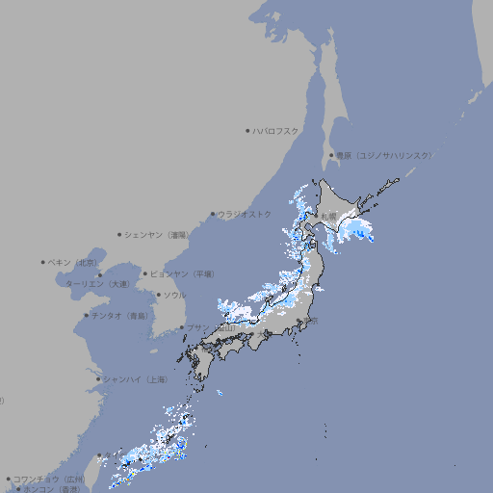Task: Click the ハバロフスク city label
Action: pyautogui.click(x=276, y=130)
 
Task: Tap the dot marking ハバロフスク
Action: pyautogui.click(x=247, y=130)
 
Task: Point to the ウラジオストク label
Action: pyautogui.click(x=245, y=214)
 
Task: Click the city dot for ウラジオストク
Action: pyautogui.click(x=213, y=215)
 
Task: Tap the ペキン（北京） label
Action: pyautogui.click(x=73, y=262)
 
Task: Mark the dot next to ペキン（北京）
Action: pyautogui.click(x=43, y=262)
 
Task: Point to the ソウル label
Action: pyautogui.click(x=174, y=295)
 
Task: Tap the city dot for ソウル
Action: pyautogui.click(x=158, y=295)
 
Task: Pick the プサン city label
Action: pyautogui.click(x=197, y=328)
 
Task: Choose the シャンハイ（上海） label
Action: pyautogui.click(x=135, y=379)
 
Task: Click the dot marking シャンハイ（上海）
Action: pyautogui.click(x=98, y=379)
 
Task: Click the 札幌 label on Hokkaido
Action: pyautogui.click(x=330, y=215)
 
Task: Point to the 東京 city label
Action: pyautogui.click(x=313, y=321)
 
